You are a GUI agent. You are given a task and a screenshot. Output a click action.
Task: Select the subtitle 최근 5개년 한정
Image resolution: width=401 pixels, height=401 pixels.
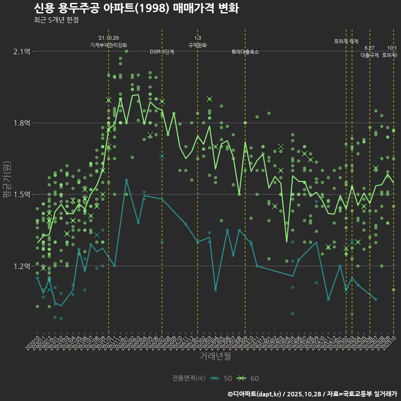(x=56, y=20)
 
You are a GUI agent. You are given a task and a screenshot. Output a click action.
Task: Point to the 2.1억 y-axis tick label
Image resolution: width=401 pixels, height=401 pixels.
(x=22, y=51)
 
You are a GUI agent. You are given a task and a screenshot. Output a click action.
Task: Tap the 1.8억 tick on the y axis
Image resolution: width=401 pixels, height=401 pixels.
(x=22, y=123)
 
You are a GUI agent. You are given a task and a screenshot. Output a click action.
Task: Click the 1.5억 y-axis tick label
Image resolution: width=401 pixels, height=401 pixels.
(x=22, y=195)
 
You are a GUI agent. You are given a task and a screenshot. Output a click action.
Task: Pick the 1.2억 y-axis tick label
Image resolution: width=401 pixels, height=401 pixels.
(x=22, y=266)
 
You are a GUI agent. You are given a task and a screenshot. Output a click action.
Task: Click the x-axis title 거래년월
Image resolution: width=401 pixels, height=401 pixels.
(x=215, y=356)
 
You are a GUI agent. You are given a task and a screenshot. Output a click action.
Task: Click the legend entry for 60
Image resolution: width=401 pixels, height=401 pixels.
(x=248, y=378)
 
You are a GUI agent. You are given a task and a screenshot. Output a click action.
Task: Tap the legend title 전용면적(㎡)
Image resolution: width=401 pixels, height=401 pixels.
(x=189, y=378)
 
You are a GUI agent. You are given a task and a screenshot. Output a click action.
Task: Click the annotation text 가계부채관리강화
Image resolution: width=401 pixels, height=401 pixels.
(x=109, y=45)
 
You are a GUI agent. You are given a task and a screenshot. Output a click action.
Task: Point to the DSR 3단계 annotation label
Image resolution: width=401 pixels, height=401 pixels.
(x=162, y=52)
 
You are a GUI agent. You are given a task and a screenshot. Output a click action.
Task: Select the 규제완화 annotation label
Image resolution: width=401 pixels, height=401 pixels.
(x=198, y=45)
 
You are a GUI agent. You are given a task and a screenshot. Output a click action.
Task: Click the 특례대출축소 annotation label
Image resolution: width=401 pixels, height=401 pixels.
(x=245, y=52)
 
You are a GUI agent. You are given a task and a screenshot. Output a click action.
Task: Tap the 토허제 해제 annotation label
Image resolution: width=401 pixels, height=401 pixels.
(x=346, y=41)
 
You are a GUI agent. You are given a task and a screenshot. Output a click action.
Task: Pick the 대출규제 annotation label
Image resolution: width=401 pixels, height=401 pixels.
(x=370, y=55)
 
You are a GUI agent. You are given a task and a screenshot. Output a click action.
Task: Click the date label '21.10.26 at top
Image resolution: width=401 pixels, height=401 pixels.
(x=108, y=38)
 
